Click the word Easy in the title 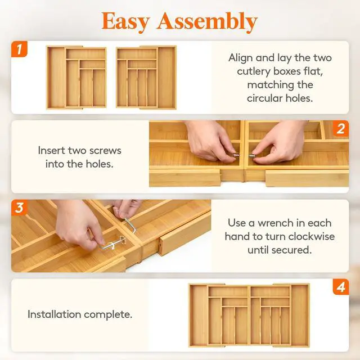point(125,22)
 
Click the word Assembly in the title point(206,22)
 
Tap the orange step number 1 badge point(19,49)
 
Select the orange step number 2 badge point(341,128)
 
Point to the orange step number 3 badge point(19,208)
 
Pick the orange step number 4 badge point(341,287)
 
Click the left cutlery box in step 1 point(76,78)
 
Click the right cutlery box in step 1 point(146,78)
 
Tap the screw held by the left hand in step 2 point(236,155)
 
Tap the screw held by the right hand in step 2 point(252,155)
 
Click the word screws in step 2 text point(105,151)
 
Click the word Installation point(54,314)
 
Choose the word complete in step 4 point(106,315)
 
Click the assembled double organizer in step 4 point(249,316)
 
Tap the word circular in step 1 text point(265,98)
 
